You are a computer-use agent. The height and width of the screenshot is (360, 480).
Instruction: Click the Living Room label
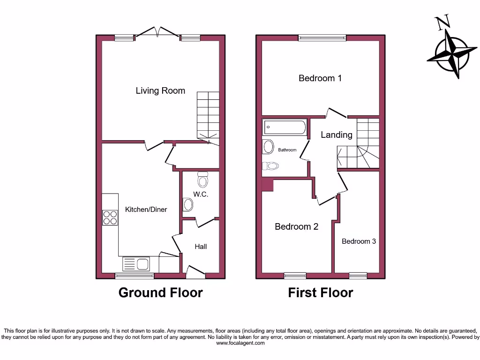pyautogui.click(x=160, y=90)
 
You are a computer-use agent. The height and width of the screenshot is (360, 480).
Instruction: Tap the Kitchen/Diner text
pyautogui.click(x=146, y=210)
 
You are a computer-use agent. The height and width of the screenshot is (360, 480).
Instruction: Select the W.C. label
pyautogui.click(x=201, y=194)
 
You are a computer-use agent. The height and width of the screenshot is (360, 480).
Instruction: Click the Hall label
pyautogui.click(x=201, y=247)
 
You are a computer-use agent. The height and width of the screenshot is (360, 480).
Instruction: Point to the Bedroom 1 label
pyautogui.click(x=320, y=78)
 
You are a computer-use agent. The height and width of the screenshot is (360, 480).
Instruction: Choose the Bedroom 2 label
pyautogui.click(x=296, y=227)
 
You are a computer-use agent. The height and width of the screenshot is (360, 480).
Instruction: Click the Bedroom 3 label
pyautogui.click(x=359, y=241)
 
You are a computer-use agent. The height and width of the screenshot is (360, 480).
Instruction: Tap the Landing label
pyautogui.click(x=336, y=135)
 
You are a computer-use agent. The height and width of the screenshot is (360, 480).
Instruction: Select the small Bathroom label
pyautogui.click(x=287, y=150)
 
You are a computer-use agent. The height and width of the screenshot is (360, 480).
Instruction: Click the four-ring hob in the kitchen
pyautogui.click(x=111, y=217)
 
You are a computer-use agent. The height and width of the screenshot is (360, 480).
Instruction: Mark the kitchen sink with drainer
pyautogui.click(x=136, y=264)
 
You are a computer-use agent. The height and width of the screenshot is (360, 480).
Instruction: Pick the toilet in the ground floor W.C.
pyautogui.click(x=203, y=179)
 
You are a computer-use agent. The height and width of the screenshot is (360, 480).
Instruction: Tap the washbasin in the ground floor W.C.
pyautogui.click(x=187, y=204)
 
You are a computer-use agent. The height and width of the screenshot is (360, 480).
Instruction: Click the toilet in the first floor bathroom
pyautogui.click(x=270, y=165)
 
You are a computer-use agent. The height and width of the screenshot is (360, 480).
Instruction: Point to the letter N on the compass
pyautogui.click(x=442, y=22)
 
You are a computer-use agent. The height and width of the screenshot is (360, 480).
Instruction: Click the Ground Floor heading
pyautogui.click(x=160, y=292)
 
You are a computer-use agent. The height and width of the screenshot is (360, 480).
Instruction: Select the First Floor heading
pyautogui.click(x=320, y=292)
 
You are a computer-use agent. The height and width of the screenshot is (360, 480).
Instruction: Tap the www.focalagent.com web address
pyautogui.click(x=240, y=343)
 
